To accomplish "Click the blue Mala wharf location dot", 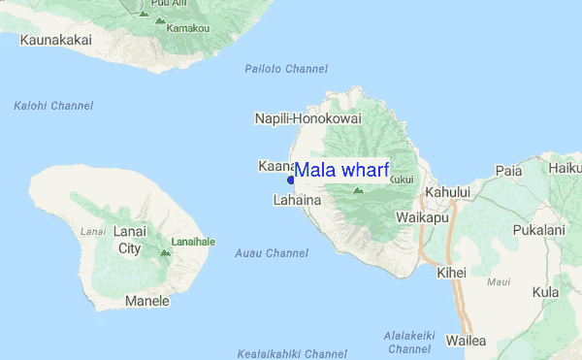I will click(x=291, y=180).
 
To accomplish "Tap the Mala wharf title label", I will click(x=341, y=171).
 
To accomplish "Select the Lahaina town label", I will click(x=297, y=200).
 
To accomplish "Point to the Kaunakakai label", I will click(x=53, y=41).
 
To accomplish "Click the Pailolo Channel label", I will click(x=286, y=69).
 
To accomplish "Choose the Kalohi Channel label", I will click(x=53, y=105).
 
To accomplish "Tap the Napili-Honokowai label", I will click(x=307, y=118).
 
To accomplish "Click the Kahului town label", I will click(x=447, y=192).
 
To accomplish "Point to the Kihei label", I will click(x=452, y=273).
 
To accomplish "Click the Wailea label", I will click(x=466, y=341).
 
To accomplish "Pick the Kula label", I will click(x=545, y=291).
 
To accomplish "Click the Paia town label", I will click(x=508, y=171).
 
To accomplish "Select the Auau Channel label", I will click(x=272, y=253).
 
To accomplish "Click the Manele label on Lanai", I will click(x=147, y=301).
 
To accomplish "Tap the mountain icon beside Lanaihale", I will click(x=164, y=252).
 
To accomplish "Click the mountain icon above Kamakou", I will click(x=145, y=15).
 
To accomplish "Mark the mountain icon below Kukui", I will click(x=358, y=191).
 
